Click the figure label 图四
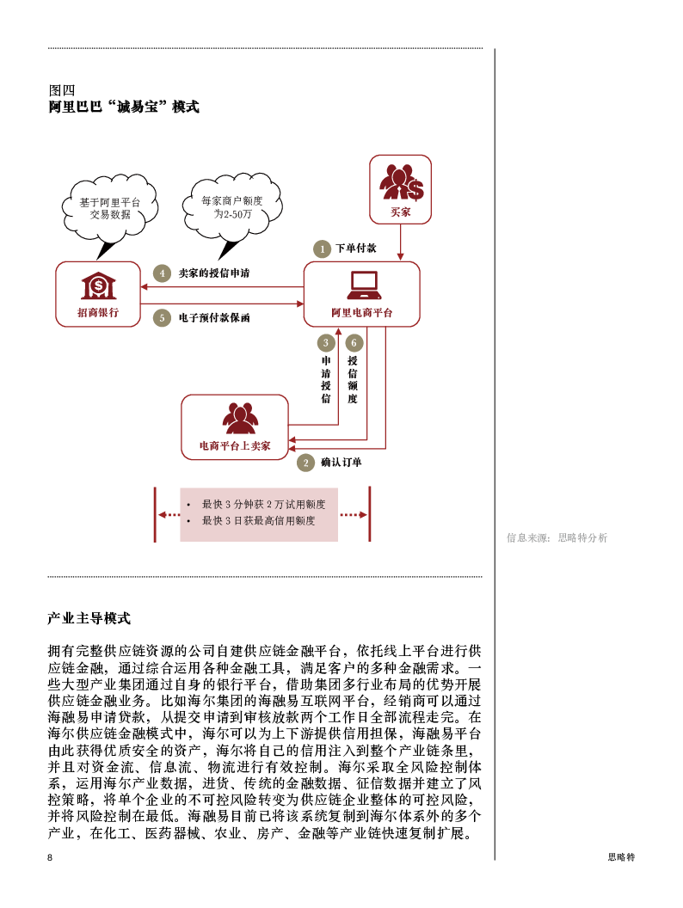coord(62,90)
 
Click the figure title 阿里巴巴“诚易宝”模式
coord(124,107)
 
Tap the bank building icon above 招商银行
coord(98,286)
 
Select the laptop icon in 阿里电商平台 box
coord(363,285)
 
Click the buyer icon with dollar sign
coord(401,182)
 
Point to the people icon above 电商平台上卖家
coord(240,418)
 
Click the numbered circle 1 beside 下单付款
coord(322,249)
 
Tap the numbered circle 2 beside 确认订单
coord(305,463)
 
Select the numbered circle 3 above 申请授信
coord(326,343)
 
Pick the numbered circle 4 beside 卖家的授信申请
coord(163,273)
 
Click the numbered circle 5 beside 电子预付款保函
coord(163,318)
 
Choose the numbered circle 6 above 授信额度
coord(354,343)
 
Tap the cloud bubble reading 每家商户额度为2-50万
coord(232,208)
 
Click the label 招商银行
coord(98,313)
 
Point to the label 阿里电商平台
coord(362,313)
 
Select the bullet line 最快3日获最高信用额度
coord(258,521)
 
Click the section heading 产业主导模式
coord(89,618)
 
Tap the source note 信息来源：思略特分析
coord(557,538)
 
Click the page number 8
coord(50,857)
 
